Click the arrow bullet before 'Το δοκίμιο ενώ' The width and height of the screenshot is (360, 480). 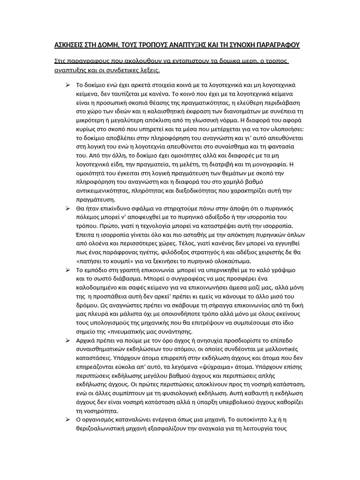pyautogui.click(x=67, y=84)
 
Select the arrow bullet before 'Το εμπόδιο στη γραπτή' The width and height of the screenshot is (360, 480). pyautogui.click(x=67, y=270)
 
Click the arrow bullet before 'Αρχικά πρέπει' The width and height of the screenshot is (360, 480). pyautogui.click(x=67, y=341)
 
